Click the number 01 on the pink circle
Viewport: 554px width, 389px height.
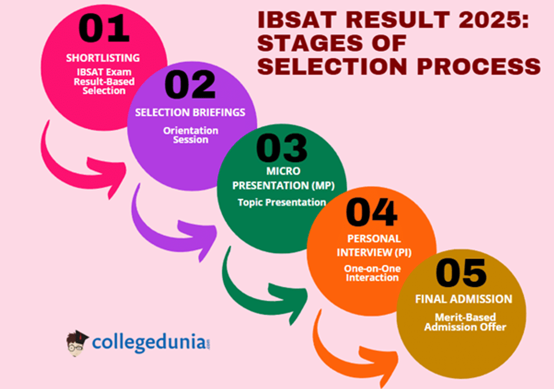pyautogui.click(x=104, y=29)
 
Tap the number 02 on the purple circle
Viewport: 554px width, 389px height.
pyautogui.click(x=190, y=85)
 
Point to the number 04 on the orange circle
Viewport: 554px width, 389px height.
pyautogui.click(x=372, y=213)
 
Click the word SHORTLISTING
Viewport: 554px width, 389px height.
pyautogui.click(x=103, y=58)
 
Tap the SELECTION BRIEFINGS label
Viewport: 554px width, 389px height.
pyautogui.click(x=190, y=113)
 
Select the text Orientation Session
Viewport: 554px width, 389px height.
pyautogui.click(x=190, y=135)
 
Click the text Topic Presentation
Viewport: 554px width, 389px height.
pyautogui.click(x=282, y=202)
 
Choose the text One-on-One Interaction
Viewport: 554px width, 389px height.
pyautogui.click(x=372, y=273)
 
